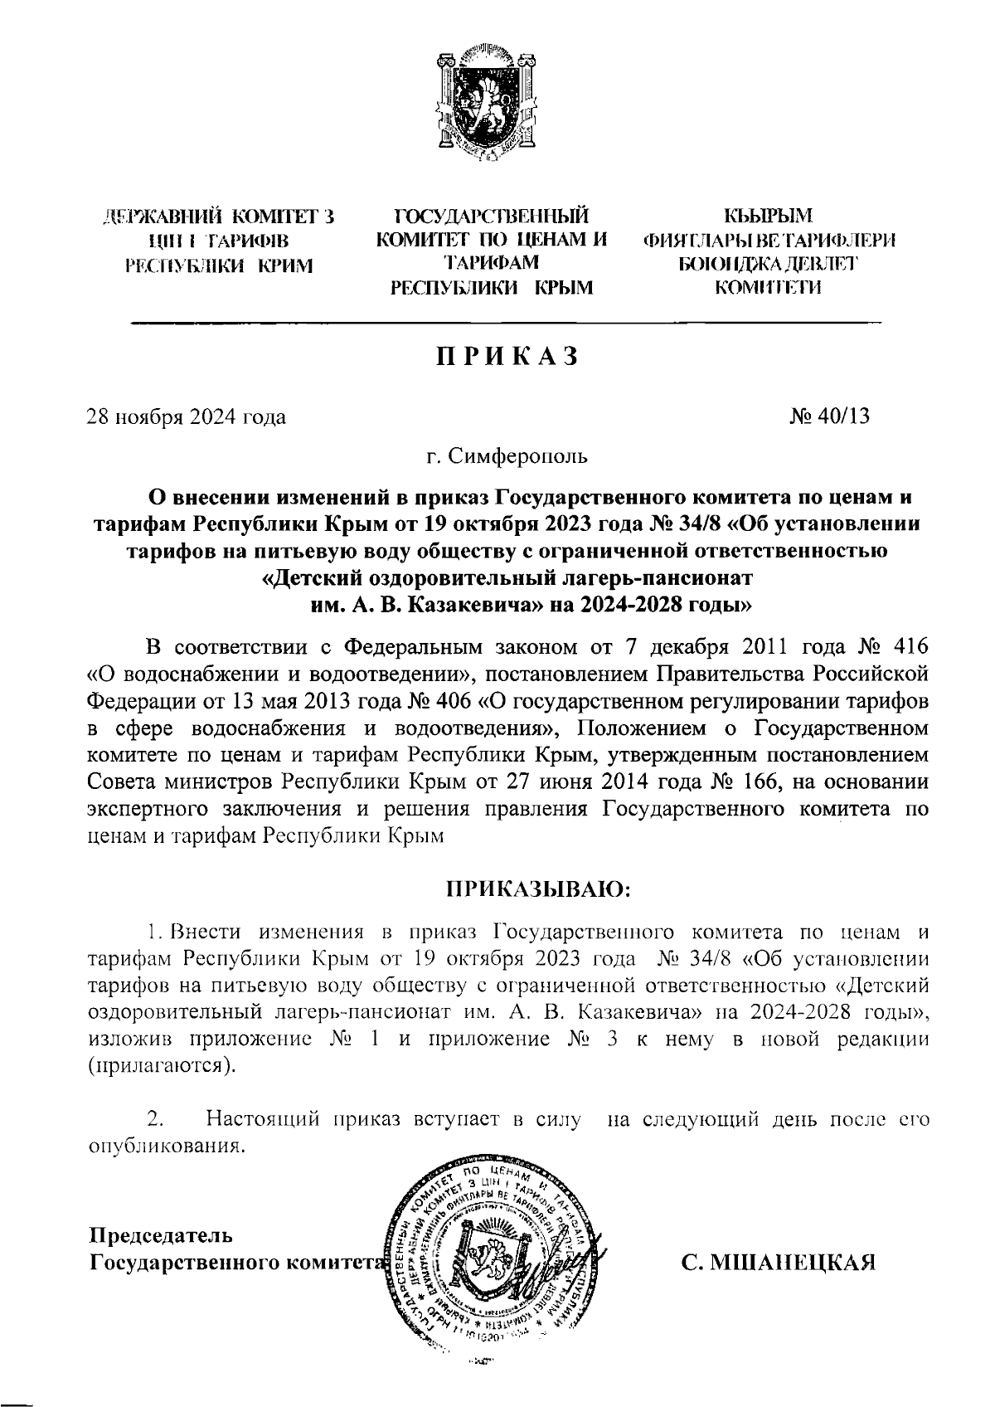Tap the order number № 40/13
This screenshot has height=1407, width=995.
(x=830, y=416)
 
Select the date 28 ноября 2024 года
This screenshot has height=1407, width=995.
(x=187, y=416)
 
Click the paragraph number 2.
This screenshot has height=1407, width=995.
(x=153, y=1119)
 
